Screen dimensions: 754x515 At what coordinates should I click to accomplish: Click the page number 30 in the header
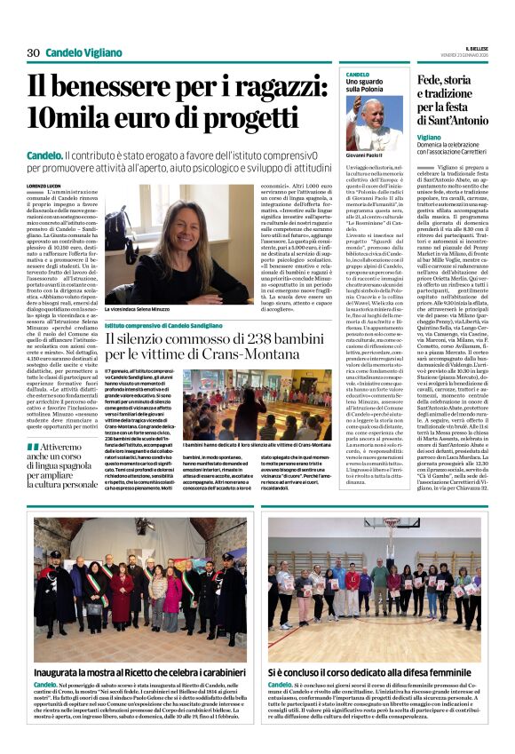33,53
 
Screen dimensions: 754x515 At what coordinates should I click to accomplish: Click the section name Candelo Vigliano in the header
84,53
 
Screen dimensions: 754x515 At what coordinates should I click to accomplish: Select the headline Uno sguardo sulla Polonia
366,85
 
